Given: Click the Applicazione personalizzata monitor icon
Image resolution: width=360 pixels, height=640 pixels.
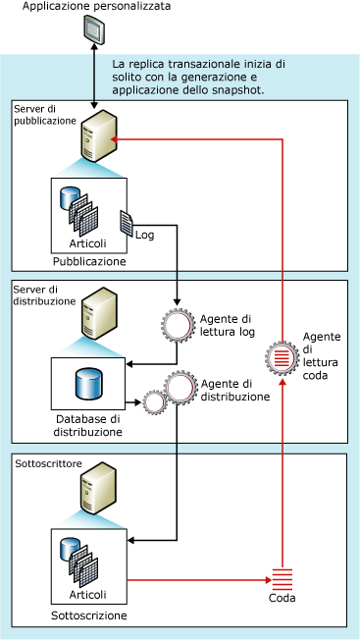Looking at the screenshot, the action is coord(94,29).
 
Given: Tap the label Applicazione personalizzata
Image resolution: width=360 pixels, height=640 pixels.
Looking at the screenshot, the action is coord(96,6).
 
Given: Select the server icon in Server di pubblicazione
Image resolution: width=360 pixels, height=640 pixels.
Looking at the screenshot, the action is coord(99,135).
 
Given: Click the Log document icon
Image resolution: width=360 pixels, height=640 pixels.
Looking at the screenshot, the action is coord(126,223).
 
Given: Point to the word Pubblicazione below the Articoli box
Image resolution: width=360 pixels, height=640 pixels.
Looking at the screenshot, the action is coord(89,261).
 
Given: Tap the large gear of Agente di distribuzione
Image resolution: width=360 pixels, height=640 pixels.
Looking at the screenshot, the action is coord(180,388).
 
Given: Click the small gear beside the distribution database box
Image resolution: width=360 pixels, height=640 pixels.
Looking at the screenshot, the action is coord(154,403).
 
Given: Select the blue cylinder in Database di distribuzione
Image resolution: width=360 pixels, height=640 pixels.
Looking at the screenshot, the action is coord(88,384).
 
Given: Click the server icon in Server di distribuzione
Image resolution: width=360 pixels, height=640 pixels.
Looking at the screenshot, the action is coord(99,313).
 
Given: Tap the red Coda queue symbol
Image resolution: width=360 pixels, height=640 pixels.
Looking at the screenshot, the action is coord(282,579).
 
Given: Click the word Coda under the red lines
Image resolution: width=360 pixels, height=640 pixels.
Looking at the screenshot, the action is coord(282,599).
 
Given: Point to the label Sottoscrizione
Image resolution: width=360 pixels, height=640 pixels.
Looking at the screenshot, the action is coord(89,615).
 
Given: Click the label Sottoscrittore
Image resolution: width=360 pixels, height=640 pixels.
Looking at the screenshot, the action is coord(48,463).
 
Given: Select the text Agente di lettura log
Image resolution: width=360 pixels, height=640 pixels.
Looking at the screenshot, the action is coord(228,325).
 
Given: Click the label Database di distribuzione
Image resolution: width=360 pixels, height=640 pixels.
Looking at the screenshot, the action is coord(88,425).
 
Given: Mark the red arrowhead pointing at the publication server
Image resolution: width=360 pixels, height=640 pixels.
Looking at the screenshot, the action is coord(115,139).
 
